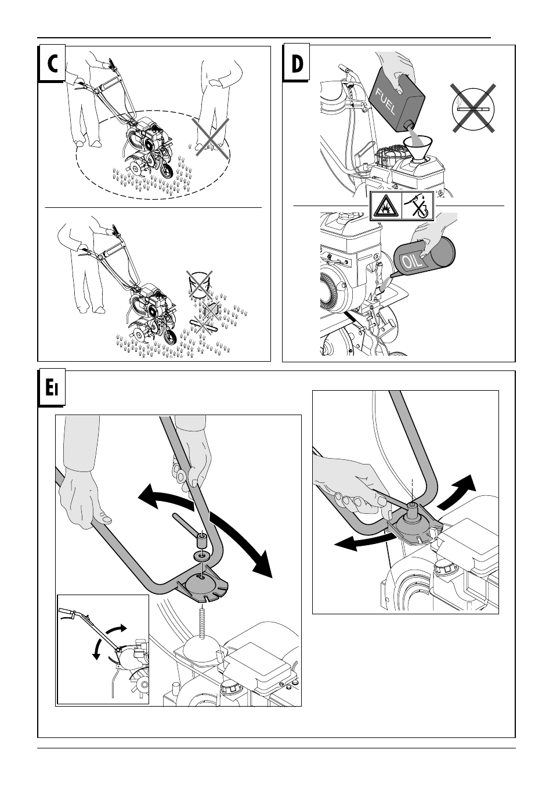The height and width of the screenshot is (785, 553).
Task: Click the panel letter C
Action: tap(51, 64)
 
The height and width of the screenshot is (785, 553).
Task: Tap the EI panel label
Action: tap(52, 388)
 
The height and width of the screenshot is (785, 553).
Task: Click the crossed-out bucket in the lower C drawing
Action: tap(199, 285)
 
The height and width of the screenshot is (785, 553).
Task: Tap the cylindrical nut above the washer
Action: tap(201, 541)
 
